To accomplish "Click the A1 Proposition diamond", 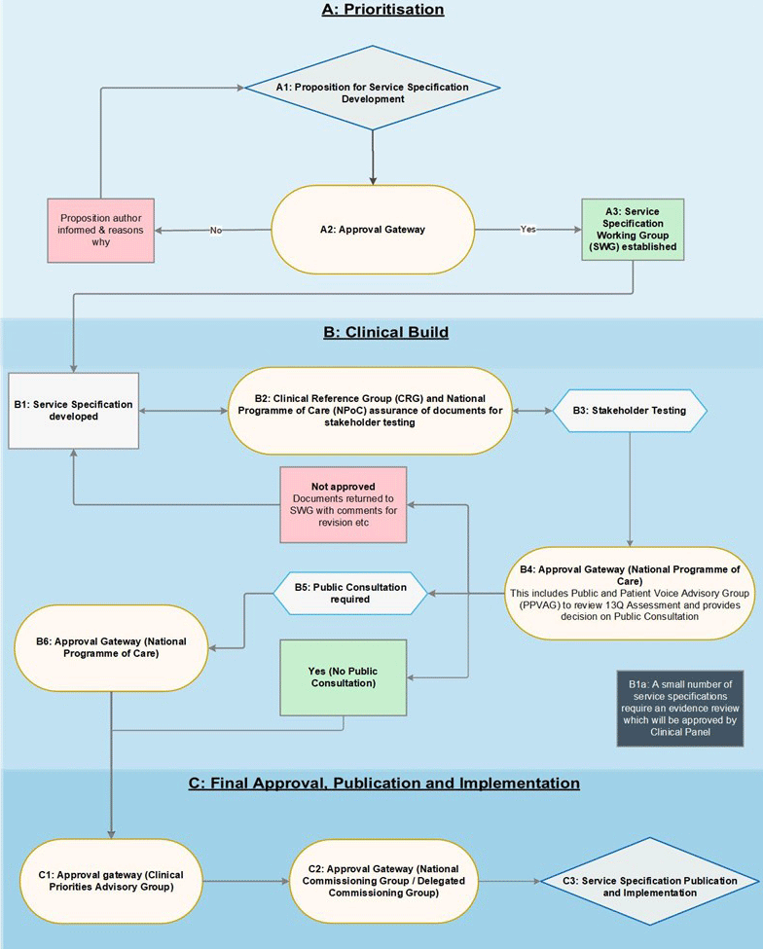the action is coord(373,88).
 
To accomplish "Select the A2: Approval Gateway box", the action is coord(373,230).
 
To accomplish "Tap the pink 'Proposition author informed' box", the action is coord(101,230).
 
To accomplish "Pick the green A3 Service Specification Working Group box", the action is coord(633,230).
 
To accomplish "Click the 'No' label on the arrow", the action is coord(216,230).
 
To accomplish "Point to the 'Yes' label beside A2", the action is coord(528,230).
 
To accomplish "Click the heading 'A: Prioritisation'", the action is coord(383,10).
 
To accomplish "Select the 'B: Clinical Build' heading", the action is coord(386,332).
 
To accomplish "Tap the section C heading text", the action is coord(384,784).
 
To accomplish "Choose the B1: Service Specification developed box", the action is coord(73,411).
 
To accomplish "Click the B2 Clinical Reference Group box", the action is coord(370,411).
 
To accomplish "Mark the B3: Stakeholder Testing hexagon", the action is coord(630,411).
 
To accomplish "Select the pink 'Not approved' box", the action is coord(344,504).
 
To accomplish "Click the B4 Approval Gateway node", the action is coord(630,593).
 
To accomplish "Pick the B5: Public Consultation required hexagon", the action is coord(350,593).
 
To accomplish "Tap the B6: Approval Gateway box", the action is coord(111,647).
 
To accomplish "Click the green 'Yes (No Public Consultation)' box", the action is coord(344,677).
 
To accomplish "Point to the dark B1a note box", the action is coord(680,709).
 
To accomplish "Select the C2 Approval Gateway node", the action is coord(383,881).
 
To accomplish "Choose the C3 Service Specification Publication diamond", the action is coord(650,881).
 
